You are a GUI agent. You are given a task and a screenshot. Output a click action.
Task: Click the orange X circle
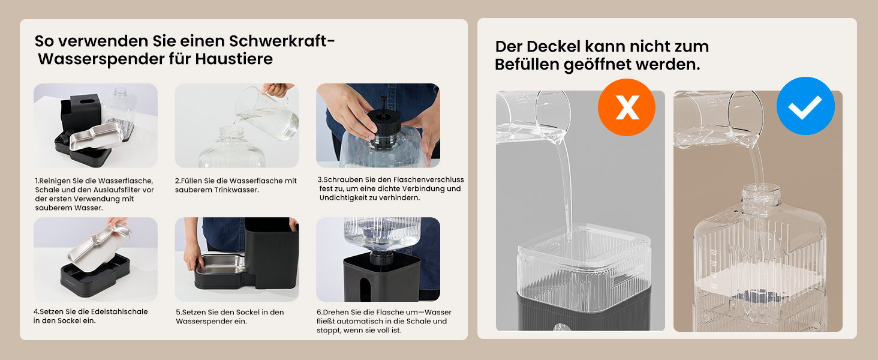(x=626, y=107)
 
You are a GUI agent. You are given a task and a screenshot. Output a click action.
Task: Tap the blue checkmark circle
(x=805, y=106)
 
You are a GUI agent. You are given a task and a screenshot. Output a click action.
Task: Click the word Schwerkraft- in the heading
(x=282, y=41)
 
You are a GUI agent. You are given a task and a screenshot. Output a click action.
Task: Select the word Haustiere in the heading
(x=234, y=59)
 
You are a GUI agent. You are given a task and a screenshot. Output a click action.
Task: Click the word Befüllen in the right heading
(x=527, y=64)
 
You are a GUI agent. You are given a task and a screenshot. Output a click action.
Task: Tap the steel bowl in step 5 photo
(x=220, y=265)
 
